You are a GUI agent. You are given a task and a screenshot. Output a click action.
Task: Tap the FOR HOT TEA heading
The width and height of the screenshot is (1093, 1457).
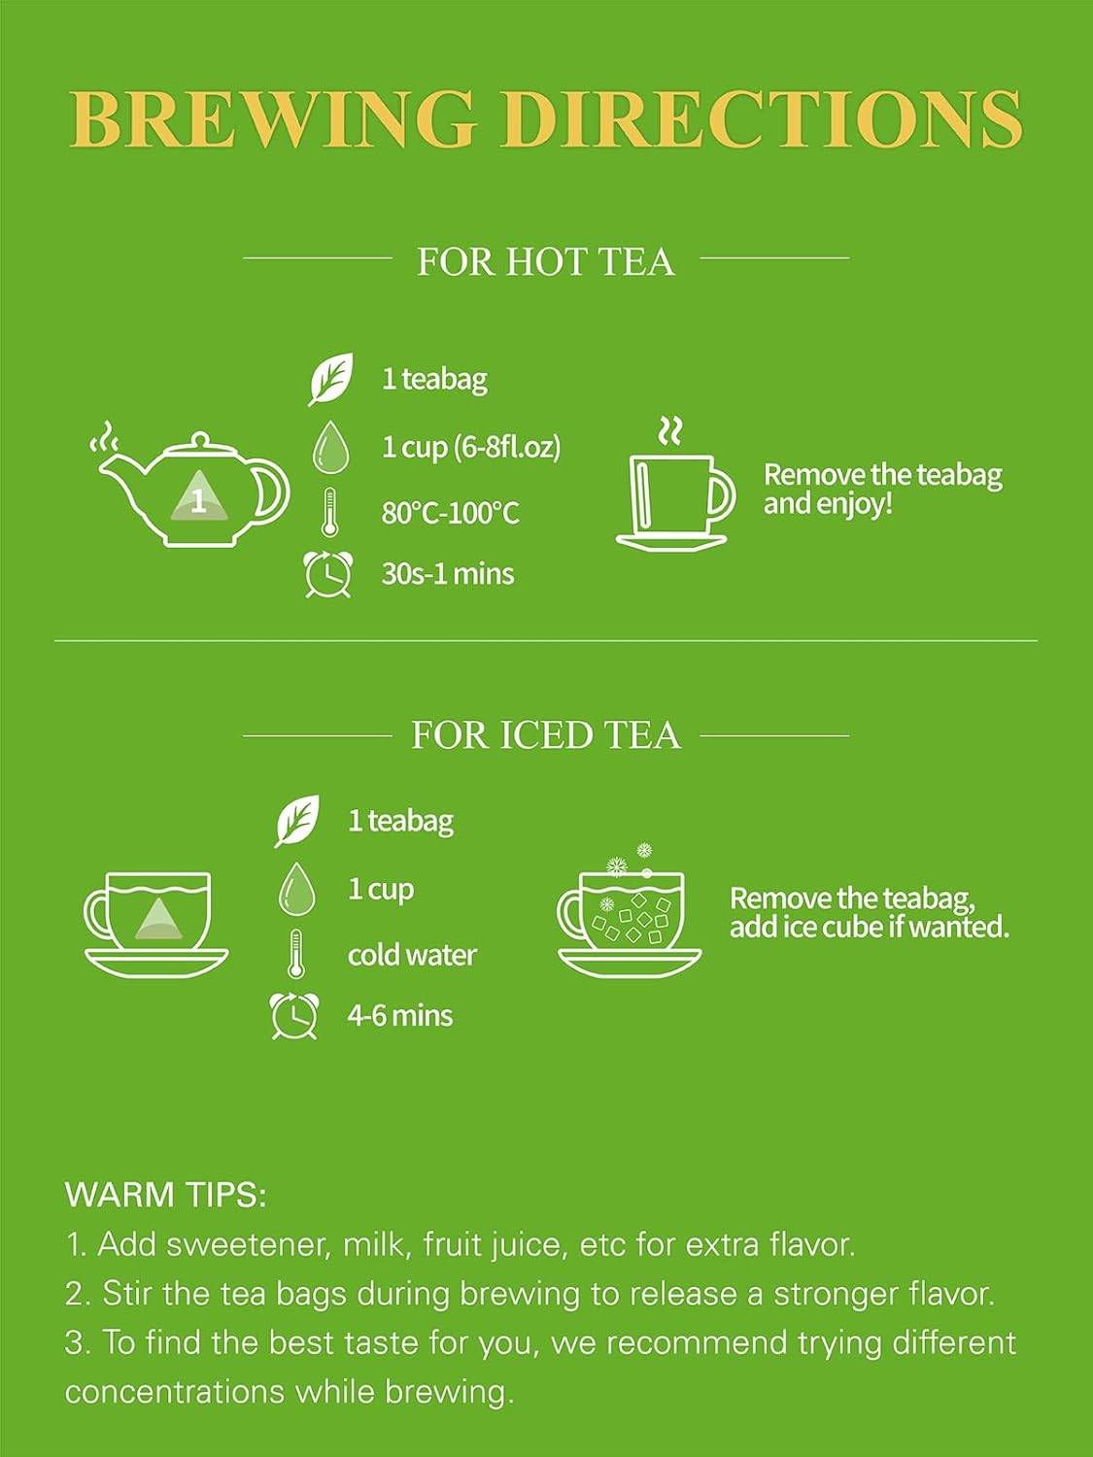point(545,261)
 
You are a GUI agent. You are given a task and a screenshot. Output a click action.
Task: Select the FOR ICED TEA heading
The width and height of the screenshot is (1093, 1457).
point(545,735)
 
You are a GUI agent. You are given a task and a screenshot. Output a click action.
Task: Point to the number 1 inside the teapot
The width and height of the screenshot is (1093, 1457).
point(198,502)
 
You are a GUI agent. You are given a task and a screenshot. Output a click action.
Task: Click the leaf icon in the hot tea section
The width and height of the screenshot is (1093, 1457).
point(330,379)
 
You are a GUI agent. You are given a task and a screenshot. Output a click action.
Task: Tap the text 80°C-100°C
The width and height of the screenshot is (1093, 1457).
point(450,512)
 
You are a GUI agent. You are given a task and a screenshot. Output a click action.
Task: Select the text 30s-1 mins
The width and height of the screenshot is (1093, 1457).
point(447,574)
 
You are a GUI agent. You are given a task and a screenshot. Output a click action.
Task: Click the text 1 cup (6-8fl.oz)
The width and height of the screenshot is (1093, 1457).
point(471,447)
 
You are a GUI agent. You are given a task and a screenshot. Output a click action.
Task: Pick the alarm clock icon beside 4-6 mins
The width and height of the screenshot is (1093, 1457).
point(293,1016)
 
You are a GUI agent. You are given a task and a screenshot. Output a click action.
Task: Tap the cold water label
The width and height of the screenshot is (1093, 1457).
point(412,955)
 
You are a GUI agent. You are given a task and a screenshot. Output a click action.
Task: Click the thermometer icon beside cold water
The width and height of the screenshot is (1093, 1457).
point(296,954)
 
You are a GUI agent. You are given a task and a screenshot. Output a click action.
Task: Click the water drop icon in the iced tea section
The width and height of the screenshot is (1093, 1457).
point(297,890)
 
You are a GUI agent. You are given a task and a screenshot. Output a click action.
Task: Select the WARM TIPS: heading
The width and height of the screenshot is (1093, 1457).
point(165,1194)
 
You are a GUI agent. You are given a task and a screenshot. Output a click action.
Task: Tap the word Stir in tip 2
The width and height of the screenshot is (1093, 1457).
point(129,1294)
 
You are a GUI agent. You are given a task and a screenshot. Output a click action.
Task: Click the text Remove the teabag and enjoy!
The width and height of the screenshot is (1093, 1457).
point(881,489)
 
